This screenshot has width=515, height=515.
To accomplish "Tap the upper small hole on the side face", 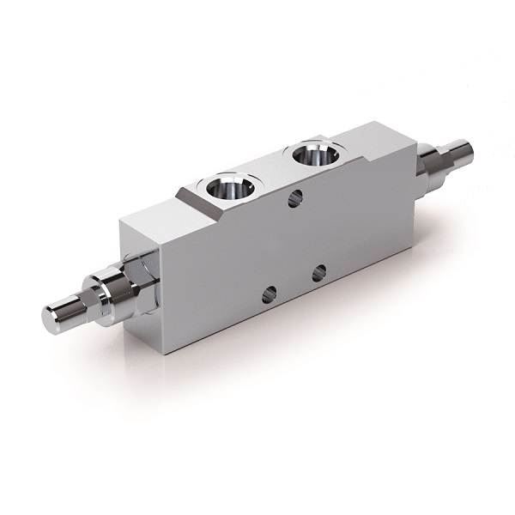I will tap(294, 199).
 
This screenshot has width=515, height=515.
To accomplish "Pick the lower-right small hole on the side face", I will tap(318, 273).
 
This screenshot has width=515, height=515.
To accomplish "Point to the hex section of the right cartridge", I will tap(444, 161).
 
